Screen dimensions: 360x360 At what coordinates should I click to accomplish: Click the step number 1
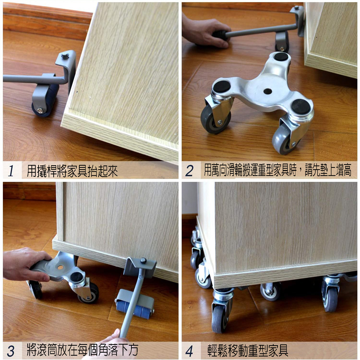click(11, 171)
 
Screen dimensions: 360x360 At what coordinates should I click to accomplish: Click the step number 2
click(189, 171)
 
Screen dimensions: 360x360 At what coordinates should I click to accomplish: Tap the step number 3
click(10, 351)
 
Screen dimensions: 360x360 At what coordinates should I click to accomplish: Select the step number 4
click(189, 351)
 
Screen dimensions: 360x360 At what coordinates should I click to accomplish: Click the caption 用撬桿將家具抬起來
click(72, 171)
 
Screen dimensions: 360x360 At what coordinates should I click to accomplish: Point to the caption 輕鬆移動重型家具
click(248, 351)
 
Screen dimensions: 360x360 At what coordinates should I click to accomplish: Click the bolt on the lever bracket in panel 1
click(65, 55)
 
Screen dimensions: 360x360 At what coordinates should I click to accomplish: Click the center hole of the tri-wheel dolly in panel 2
click(268, 91)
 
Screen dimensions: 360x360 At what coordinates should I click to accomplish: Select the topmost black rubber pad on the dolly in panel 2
click(281, 57)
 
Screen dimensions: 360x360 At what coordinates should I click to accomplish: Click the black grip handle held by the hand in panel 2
click(220, 35)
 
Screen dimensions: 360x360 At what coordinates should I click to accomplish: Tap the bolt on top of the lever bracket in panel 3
click(144, 260)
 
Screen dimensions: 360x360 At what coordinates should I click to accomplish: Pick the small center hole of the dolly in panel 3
click(60, 267)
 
